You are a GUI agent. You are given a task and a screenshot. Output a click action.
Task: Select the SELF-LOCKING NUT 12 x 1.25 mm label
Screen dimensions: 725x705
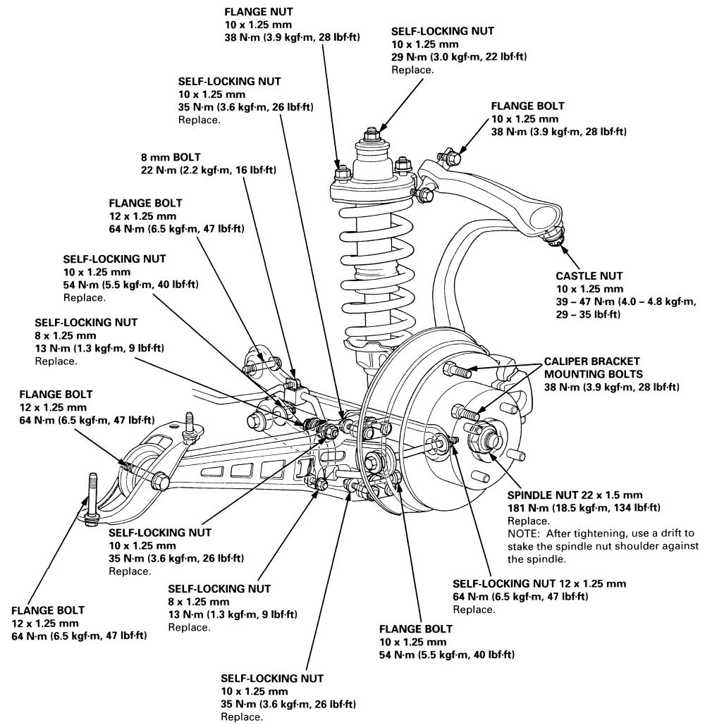(x=539, y=584)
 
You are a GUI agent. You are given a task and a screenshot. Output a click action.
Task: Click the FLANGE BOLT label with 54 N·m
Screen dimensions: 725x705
(x=416, y=628)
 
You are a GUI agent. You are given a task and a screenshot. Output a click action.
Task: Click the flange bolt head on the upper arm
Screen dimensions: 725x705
(x=448, y=154)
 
